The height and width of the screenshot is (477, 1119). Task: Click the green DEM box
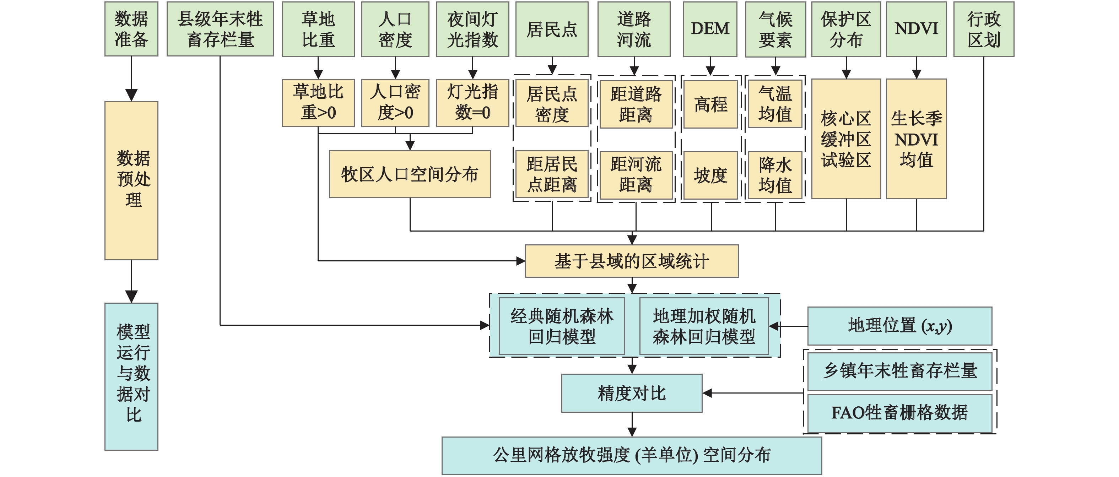pyautogui.click(x=710, y=29)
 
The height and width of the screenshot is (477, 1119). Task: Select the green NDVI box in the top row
pyautogui.click(x=916, y=29)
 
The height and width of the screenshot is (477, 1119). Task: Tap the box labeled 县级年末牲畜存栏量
pyautogui.click(x=220, y=29)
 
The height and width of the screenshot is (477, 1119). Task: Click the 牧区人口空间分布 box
pyautogui.click(x=410, y=174)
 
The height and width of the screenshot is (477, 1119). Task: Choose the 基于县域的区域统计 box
pyautogui.click(x=632, y=261)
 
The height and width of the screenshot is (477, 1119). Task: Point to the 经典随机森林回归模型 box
pyautogui.click(x=562, y=326)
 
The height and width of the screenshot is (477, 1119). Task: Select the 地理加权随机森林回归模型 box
pyautogui.click(x=704, y=326)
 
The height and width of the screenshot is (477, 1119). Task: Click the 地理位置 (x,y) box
pyautogui.click(x=899, y=326)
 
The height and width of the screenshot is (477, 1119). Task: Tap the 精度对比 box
pyautogui.click(x=632, y=393)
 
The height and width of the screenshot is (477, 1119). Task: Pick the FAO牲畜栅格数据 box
pyautogui.click(x=899, y=413)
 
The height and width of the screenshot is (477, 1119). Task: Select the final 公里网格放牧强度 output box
pyautogui.click(x=632, y=455)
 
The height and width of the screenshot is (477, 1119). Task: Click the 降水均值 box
pyautogui.click(x=775, y=175)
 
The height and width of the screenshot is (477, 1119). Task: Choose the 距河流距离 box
pyautogui.click(x=636, y=175)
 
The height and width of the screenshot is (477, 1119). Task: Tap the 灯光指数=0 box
pyautogui.click(x=472, y=103)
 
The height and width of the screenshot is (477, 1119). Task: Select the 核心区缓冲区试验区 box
pyautogui.click(x=846, y=139)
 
